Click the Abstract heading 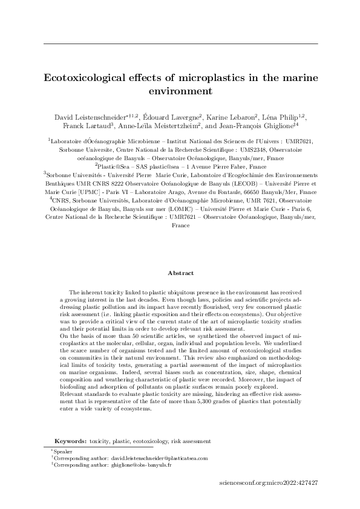[x=180, y=273]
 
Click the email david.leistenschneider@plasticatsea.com [x=160, y=459]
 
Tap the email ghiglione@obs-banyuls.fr [x=141, y=466]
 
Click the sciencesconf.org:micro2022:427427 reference [x=270, y=484]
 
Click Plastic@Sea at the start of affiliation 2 [x=114, y=166]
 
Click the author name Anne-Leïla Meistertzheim [x=162, y=126]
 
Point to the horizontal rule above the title [x=180, y=44]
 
